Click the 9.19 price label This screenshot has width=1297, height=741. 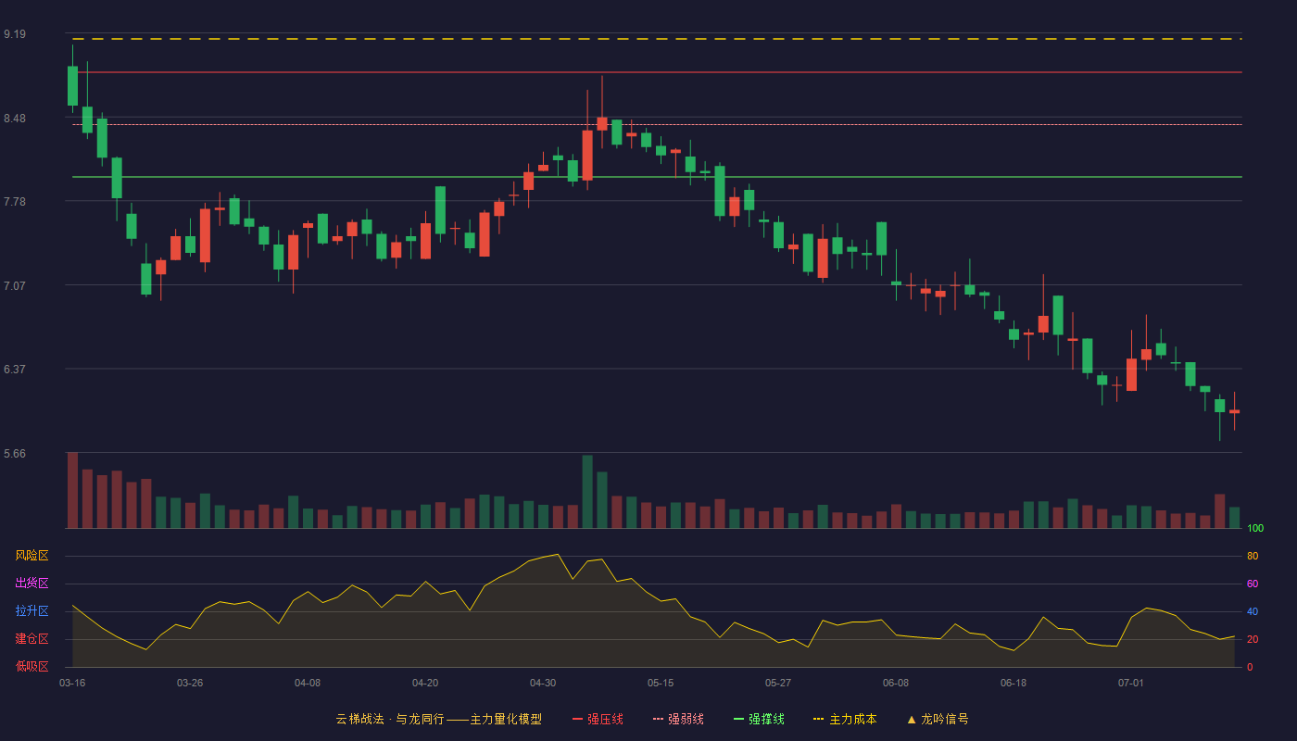[15, 34]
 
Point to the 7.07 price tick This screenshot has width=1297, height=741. [15, 286]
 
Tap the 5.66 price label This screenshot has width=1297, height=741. [15, 454]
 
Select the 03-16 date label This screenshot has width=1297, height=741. [72, 684]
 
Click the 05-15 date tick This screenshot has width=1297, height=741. [661, 684]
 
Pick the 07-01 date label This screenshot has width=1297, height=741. [1131, 684]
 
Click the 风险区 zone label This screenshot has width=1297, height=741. [31, 556]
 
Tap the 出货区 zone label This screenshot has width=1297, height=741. [31, 583]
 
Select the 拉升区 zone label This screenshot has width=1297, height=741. [31, 610]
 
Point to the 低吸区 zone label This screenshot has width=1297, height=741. [31, 666]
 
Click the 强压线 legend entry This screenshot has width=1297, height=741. [598, 719]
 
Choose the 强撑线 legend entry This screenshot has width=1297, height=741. [759, 719]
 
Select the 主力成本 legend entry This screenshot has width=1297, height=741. [845, 719]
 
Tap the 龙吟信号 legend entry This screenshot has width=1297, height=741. [938, 719]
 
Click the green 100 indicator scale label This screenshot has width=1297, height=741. [1255, 528]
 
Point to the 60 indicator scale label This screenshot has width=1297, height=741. [1253, 584]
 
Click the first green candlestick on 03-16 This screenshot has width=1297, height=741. [72, 85]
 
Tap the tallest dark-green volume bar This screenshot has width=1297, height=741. [587, 492]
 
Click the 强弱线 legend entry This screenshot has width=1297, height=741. [678, 719]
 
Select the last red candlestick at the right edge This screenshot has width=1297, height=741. [1234, 411]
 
